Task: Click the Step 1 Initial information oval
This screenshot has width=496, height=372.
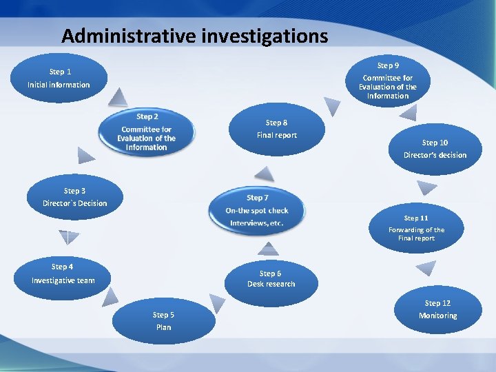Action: pyautogui.click(x=59, y=78)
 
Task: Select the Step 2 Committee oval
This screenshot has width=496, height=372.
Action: pyautogui.click(x=146, y=133)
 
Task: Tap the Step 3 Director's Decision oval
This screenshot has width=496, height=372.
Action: pyautogui.click(x=75, y=197)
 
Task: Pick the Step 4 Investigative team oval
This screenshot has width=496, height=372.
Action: pyautogui.click(x=63, y=273)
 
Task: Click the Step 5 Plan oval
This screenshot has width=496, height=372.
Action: pyautogui.click(x=163, y=321)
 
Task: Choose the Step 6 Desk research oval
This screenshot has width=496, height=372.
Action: pyautogui.click(x=271, y=279)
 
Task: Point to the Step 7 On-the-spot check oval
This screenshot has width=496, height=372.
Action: pyautogui.click(x=257, y=210)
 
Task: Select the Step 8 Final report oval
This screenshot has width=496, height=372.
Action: pyautogui.click(x=276, y=130)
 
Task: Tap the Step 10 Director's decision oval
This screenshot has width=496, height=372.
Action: pyautogui.click(x=435, y=149)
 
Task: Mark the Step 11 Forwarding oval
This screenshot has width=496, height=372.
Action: pyautogui.click(x=415, y=228)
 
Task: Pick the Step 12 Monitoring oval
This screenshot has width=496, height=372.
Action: pyautogui.click(x=437, y=309)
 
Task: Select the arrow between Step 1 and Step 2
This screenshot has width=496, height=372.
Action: pyautogui.click(x=120, y=96)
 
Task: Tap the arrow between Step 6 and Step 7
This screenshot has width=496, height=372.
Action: pyautogui.click(x=268, y=249)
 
